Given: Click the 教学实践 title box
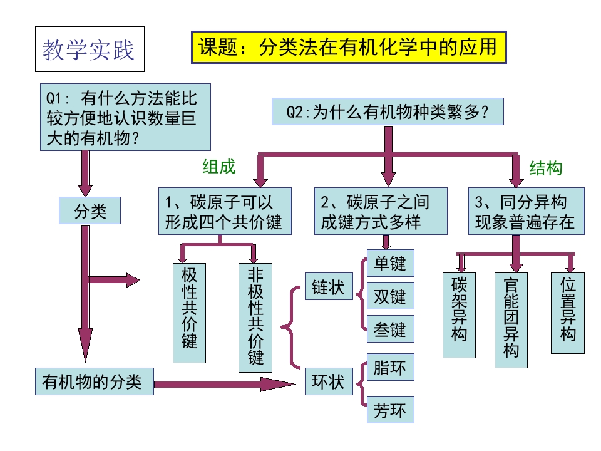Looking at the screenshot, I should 89,49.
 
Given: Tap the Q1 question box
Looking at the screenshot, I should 125,117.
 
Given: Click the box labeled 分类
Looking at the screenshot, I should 90,210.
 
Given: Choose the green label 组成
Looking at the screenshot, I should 218,166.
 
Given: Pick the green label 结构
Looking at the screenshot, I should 546,167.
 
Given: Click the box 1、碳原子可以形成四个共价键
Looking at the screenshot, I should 224,211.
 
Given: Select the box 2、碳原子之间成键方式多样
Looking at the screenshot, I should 381,211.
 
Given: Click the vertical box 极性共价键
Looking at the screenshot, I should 189,312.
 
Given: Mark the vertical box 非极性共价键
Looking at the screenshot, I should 255,317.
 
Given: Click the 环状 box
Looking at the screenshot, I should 328,381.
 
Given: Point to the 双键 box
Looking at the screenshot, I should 390,296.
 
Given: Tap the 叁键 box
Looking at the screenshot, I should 390,328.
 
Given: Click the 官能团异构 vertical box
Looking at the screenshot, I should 511,319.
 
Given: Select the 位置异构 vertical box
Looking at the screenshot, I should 568,312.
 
